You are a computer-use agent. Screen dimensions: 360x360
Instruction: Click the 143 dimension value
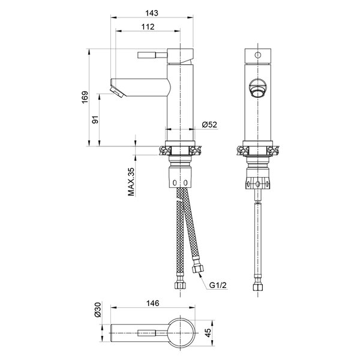pyautogui.click(x=152, y=13)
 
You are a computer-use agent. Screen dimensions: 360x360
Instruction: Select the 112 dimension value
pyautogui.click(x=148, y=27)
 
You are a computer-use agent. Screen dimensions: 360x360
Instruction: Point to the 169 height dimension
pyautogui.click(x=85, y=97)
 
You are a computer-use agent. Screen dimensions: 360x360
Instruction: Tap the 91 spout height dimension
pyautogui.click(x=95, y=119)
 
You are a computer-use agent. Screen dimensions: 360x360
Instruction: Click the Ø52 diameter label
pyautogui.click(x=209, y=125)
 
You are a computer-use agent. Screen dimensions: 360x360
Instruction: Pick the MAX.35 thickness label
pyautogui.click(x=131, y=182)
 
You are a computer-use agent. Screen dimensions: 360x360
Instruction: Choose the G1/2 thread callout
pyautogui.click(x=218, y=285)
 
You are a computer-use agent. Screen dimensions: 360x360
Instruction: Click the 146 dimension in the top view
pyautogui.click(x=152, y=303)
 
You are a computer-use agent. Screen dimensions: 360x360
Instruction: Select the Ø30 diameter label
pyautogui.click(x=98, y=310)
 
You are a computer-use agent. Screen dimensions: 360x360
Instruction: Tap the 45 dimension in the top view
pyautogui.click(x=208, y=333)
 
